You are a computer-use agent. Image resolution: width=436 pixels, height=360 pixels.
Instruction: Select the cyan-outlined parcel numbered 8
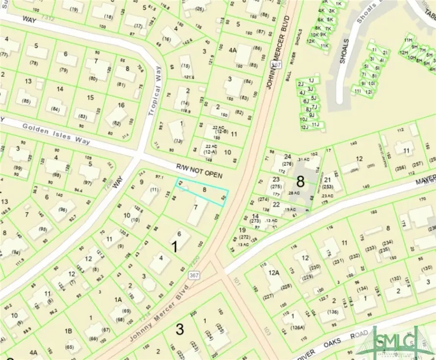pos(203,191)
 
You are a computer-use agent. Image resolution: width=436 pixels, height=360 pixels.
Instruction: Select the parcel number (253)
pos(328,187)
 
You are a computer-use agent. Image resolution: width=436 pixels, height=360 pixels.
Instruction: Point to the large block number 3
pos(179,330)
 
